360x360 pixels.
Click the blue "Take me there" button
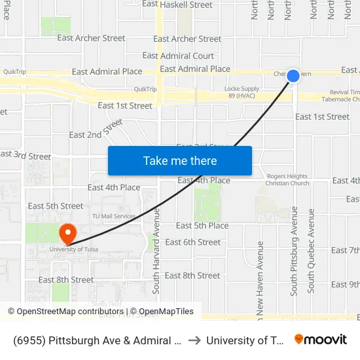point(180,160)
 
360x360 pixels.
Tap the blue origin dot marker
point(293,76)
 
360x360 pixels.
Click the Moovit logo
point(321,340)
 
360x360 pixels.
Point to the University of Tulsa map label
point(74,249)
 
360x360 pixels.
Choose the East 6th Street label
point(193,242)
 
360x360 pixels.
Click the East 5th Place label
point(202,226)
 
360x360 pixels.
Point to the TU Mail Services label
point(113,216)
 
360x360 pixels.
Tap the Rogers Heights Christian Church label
point(288,179)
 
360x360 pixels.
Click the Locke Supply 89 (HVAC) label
point(242,92)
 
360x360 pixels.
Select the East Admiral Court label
point(178,56)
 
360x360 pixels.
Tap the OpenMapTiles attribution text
point(162,312)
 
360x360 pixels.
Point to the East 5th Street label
point(56,206)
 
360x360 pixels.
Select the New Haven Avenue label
point(260,281)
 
